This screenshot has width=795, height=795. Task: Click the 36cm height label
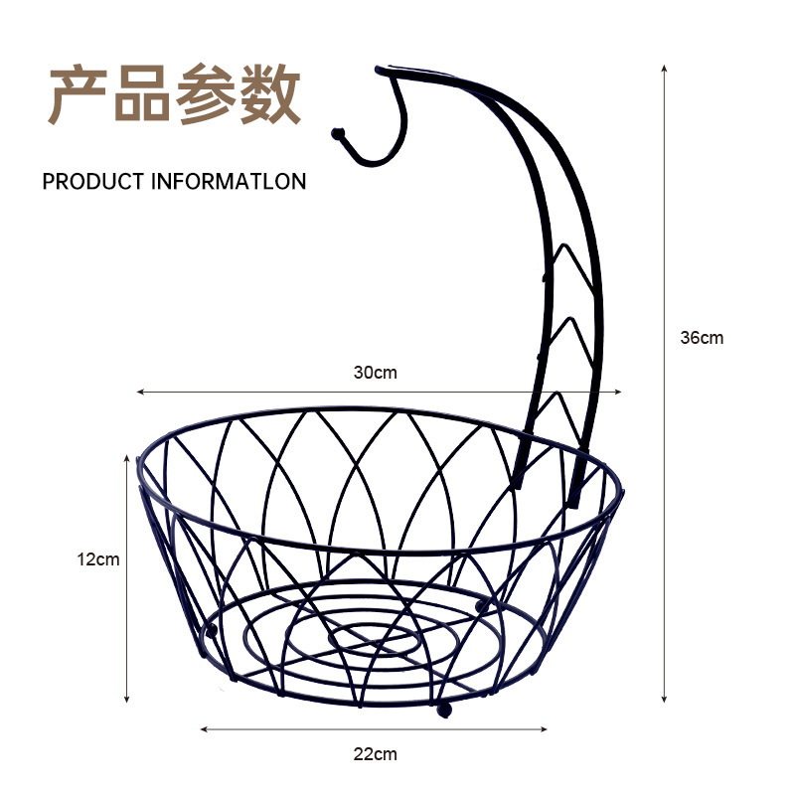tap(702, 338)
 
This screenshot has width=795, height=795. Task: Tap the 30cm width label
tap(375, 374)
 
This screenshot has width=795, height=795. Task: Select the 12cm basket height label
tap(98, 559)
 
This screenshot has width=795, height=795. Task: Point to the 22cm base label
tap(375, 754)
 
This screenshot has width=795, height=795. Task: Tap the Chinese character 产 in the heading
tap(79, 95)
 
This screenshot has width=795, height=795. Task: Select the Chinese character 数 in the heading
tap(268, 95)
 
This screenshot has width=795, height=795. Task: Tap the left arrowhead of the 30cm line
tap(140, 392)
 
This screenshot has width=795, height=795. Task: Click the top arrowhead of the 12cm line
tap(127, 457)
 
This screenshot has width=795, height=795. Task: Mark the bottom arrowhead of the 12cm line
tap(127, 700)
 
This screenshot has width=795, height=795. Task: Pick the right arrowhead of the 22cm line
tap(547, 729)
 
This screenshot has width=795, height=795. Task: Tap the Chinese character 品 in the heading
tap(142, 95)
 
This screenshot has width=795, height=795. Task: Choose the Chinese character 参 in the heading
tap(206, 95)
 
